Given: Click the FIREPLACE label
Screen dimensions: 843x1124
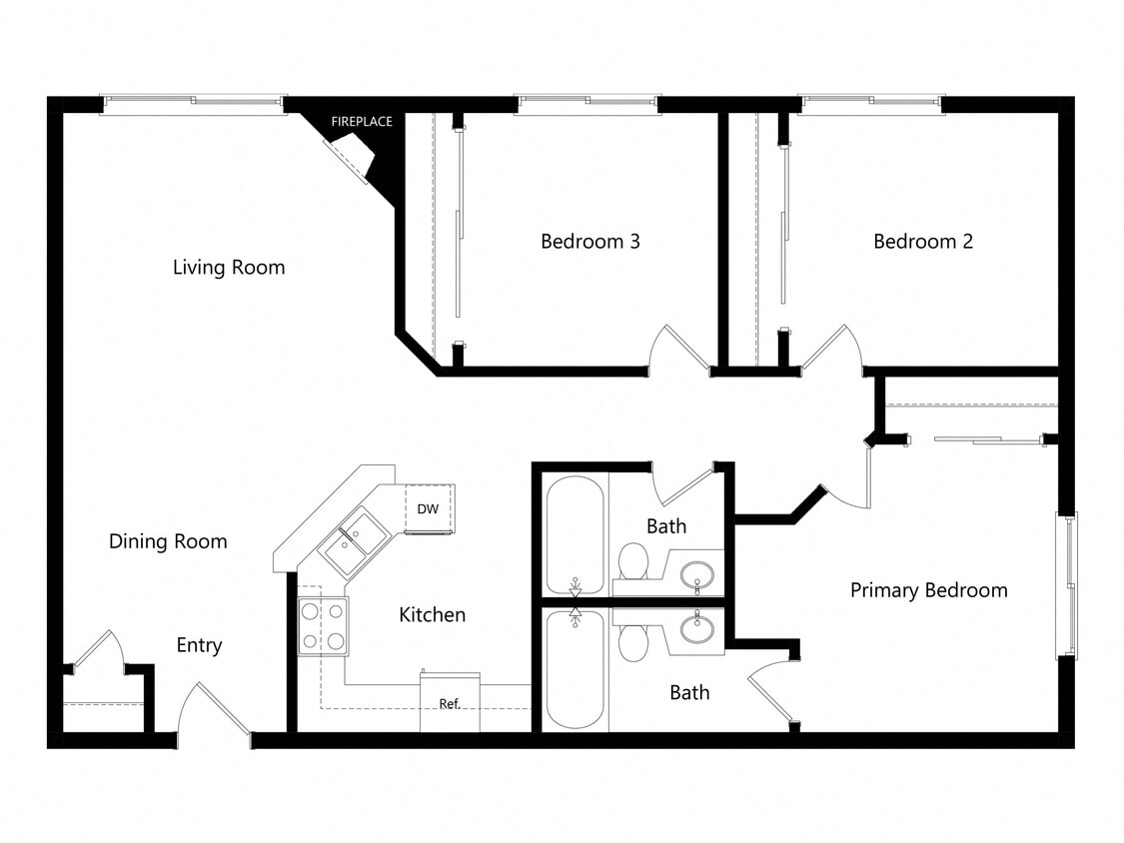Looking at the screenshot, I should tap(362, 122).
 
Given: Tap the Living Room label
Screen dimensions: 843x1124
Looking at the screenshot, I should tap(229, 268).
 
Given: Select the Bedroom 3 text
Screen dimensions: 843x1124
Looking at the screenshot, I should tap(589, 242).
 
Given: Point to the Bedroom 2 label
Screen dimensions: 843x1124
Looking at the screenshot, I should tap(922, 242).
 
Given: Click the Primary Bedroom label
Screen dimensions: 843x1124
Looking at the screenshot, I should tap(928, 590).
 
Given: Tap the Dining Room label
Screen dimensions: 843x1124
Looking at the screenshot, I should tap(168, 541).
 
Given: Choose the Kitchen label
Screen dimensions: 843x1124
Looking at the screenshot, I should tap(432, 615).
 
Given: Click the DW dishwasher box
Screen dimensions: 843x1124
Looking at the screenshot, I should tap(429, 508).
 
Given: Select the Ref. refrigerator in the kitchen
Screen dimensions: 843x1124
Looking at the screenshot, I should tap(450, 702).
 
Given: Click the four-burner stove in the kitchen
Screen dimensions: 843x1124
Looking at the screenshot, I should tap(323, 626).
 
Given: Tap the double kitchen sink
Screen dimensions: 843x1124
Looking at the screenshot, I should tap(354, 540).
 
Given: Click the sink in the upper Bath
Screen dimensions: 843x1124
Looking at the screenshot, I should tap(696, 575).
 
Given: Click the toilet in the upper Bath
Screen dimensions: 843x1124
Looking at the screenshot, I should tap(631, 560).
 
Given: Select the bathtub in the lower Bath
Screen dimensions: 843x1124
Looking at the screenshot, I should tap(575, 669).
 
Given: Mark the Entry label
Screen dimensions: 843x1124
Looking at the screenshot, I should tap(199, 646).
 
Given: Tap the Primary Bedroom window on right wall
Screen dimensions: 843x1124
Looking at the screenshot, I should tap(1067, 584).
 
